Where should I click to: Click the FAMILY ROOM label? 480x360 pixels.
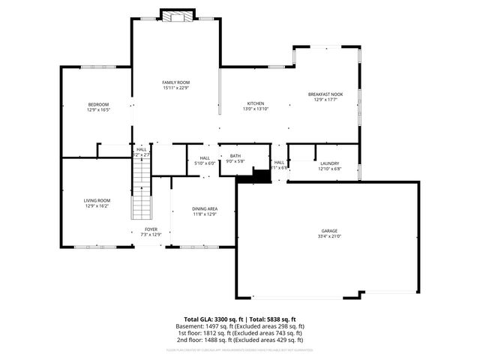pos(176,82)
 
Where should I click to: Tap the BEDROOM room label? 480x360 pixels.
pos(98,104)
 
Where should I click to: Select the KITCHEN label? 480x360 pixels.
pos(256,103)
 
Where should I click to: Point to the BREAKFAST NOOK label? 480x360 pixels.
pos(324,94)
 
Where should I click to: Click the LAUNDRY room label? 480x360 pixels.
pos(329,163)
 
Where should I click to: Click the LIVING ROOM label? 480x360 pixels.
pos(97,200)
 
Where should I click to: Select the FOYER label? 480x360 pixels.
pos(151,229)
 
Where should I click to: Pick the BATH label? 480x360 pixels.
pos(235,155)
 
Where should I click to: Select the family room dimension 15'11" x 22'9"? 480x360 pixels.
pos(176,88)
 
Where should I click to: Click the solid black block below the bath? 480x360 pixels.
pos(260,176)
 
